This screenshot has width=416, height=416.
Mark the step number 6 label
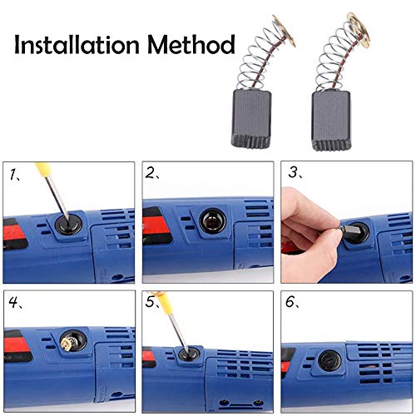coord(292,303)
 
